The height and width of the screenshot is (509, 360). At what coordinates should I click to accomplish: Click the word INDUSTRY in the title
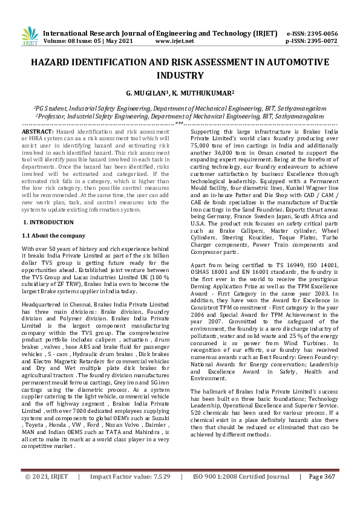point(180,76)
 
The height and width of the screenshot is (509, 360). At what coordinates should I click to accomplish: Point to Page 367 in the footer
point(321,493)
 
